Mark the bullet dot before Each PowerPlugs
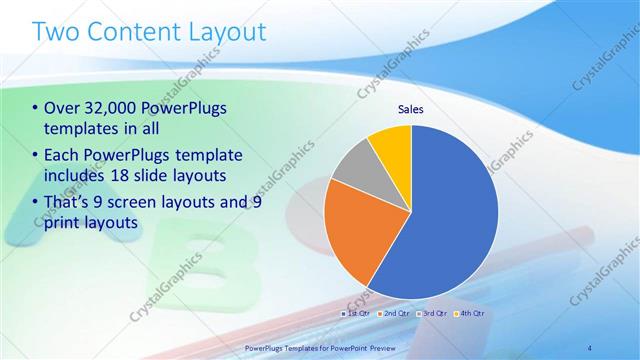36,155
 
